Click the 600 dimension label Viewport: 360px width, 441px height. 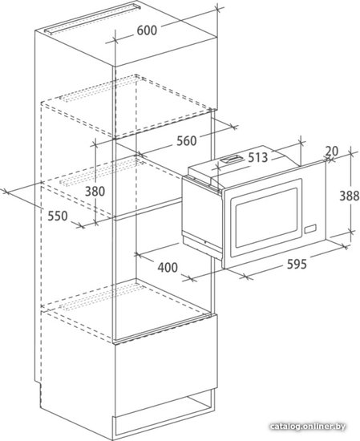click(x=147, y=30)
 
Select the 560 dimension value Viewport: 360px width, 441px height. click(x=187, y=141)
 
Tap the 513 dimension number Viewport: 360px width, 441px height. click(x=257, y=157)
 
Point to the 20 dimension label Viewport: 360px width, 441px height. click(x=332, y=152)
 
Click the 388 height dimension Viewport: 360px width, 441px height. click(x=350, y=196)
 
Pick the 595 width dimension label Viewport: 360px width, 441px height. click(x=297, y=264)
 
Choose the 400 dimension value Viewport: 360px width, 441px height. click(x=168, y=267)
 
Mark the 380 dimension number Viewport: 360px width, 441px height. click(x=95, y=192)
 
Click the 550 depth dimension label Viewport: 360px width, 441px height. click(x=58, y=216)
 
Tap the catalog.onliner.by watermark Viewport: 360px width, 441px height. click(x=308, y=427)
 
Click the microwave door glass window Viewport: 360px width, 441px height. click(x=266, y=217)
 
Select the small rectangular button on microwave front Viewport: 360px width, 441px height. click(x=310, y=229)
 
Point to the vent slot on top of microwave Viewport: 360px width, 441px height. click(x=231, y=160)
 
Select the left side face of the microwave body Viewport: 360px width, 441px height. click(x=202, y=215)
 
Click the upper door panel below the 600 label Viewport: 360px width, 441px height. click(x=166, y=87)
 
